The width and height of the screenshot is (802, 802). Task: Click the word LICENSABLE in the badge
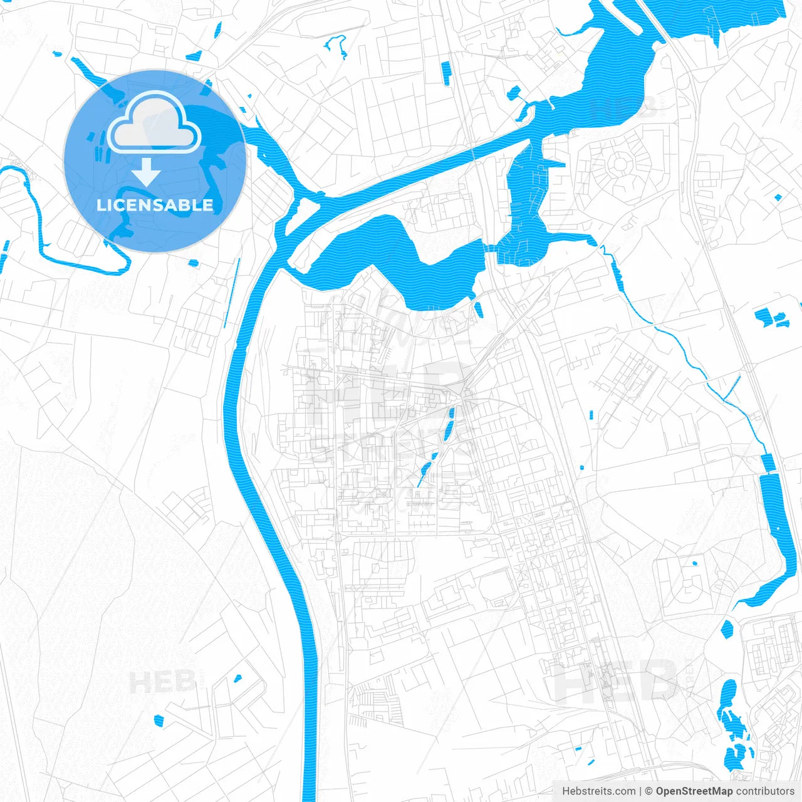(x=155, y=205)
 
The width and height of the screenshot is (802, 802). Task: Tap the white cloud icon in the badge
(x=154, y=124)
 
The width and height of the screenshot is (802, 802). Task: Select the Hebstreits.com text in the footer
(x=598, y=791)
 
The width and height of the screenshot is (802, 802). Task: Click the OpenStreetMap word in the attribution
(x=694, y=791)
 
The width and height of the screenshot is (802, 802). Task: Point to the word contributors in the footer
(x=765, y=791)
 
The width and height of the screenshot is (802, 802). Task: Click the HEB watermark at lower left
(x=162, y=682)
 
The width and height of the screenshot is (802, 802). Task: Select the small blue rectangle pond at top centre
(x=445, y=73)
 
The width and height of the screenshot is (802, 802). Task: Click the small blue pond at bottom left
(x=158, y=721)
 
